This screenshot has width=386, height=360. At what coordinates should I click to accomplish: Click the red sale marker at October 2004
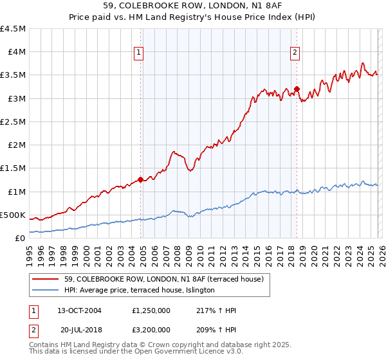coord(140,179)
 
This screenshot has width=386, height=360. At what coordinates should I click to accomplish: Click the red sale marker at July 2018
coord(297,89)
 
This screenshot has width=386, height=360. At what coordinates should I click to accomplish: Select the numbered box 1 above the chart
coord(139,53)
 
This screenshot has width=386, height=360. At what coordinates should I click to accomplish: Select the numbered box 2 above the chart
coord(295,53)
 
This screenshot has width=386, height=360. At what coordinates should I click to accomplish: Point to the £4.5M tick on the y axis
coord(13,29)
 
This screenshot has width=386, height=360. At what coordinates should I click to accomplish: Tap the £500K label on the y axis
coord(13,215)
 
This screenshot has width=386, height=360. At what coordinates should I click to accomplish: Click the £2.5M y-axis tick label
coord(13,122)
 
